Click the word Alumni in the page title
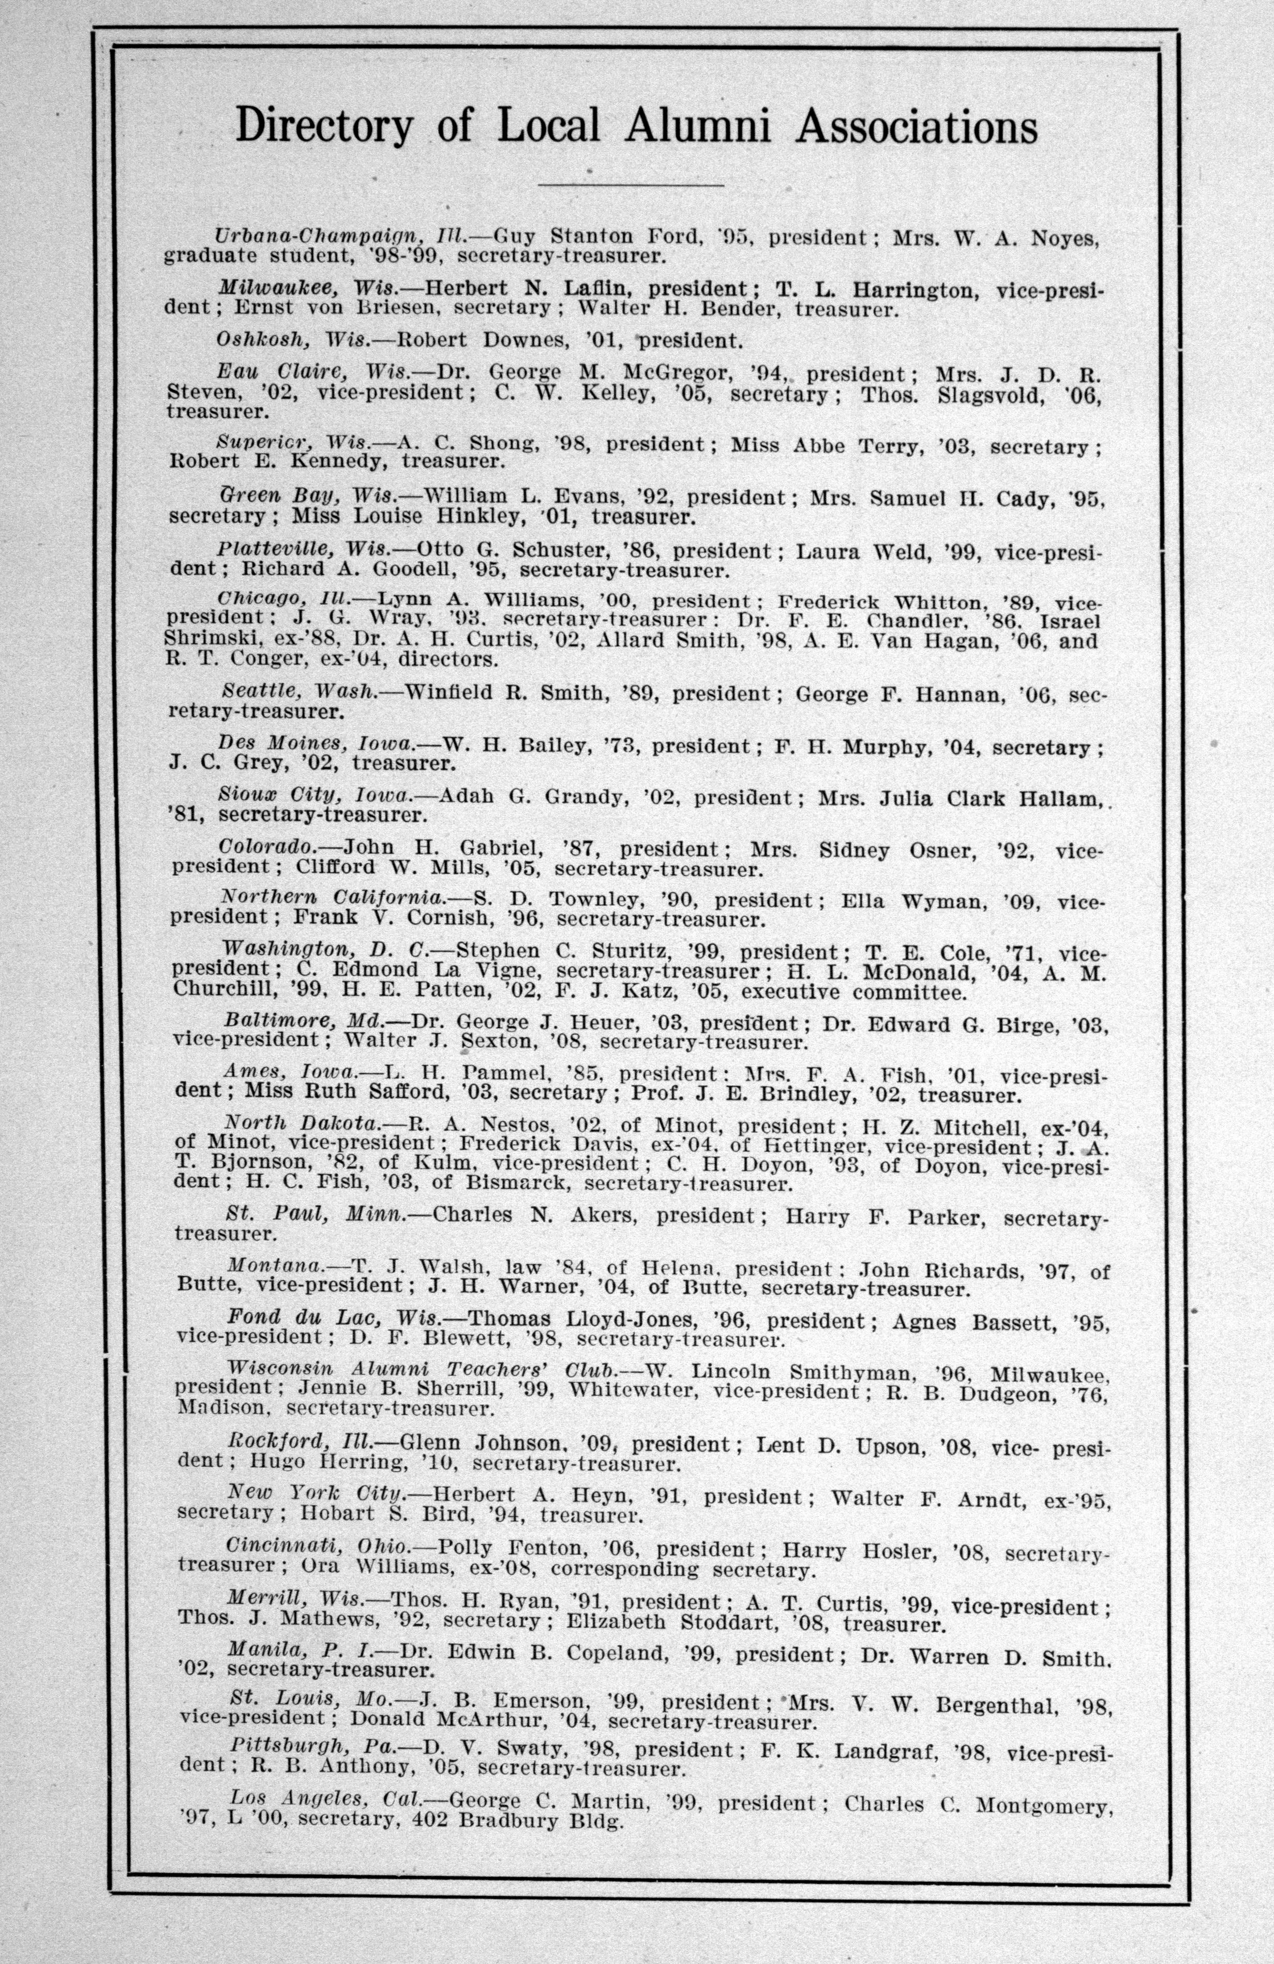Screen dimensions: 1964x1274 pos(697,126)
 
